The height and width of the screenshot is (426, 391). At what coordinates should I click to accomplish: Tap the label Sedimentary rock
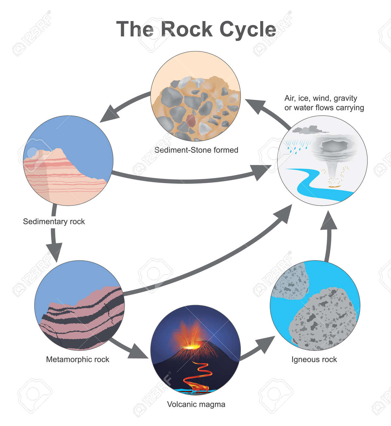(54, 222)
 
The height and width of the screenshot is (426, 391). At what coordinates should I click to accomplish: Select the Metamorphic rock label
(77, 359)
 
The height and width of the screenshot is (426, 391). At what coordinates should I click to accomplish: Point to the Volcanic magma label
(196, 404)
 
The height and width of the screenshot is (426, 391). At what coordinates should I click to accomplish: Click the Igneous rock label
(314, 359)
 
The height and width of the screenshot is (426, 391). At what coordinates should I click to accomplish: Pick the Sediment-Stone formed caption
(196, 150)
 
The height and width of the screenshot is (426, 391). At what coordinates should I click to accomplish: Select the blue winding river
(308, 184)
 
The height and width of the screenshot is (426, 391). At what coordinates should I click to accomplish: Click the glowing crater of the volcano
(190, 346)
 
